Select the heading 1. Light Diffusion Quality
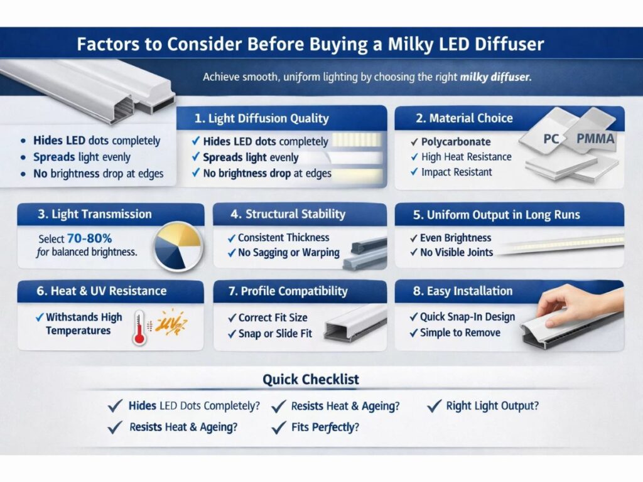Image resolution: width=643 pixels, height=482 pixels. click(261, 118)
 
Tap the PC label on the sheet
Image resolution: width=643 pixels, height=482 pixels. click(551, 139)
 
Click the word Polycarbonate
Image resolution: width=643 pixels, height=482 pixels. click(456, 142)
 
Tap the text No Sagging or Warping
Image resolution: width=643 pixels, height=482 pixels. click(289, 253)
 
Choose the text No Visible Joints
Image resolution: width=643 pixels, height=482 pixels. click(457, 253)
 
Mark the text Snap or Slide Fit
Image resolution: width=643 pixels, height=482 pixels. click(275, 334)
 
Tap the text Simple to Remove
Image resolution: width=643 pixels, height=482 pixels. click(460, 333)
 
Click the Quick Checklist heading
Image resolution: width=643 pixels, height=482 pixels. click(311, 379)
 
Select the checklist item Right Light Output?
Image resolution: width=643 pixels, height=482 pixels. click(492, 405)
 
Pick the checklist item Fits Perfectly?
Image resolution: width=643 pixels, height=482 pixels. click(325, 427)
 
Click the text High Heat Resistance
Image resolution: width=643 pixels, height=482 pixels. click(466, 157)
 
